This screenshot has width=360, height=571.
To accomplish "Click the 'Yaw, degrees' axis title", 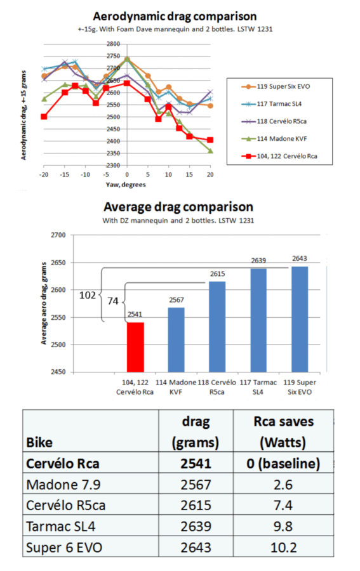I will (128, 185).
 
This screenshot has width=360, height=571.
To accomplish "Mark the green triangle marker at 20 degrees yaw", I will (210, 150).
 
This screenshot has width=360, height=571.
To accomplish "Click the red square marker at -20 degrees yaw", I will (44, 117).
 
